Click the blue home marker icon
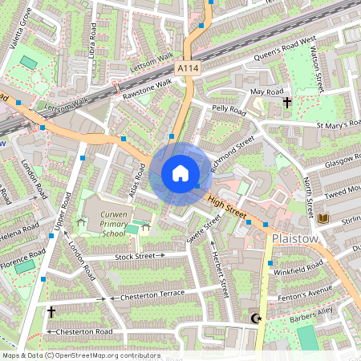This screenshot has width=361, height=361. [180, 172]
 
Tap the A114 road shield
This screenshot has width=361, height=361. [188, 70]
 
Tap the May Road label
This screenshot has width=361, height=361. [268, 92]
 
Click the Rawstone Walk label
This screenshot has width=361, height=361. [147, 89]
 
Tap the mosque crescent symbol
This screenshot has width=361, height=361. [257, 318]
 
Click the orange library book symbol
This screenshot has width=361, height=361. [323, 218]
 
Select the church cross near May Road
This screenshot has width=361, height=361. [286, 103]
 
